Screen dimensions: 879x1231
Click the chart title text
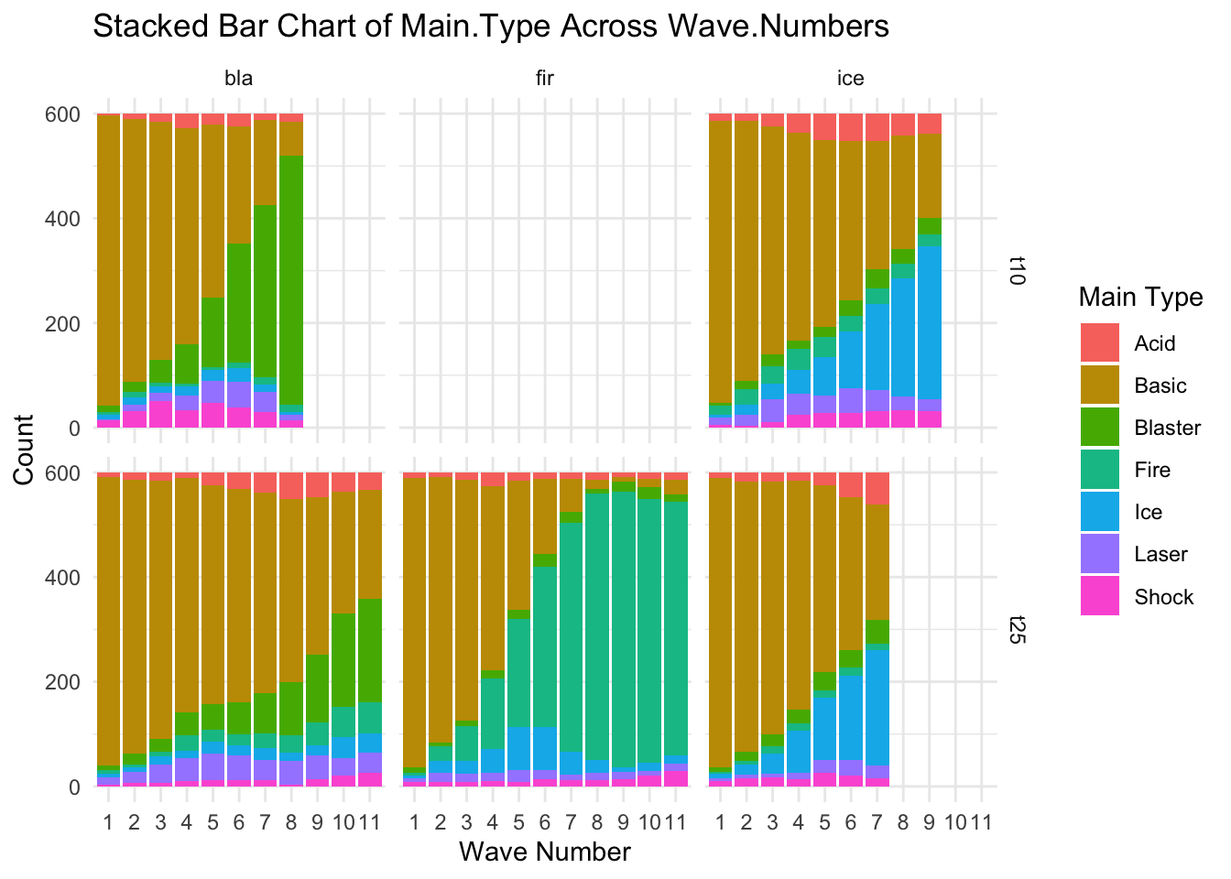point(491,27)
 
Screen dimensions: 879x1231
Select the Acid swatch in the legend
point(1099,343)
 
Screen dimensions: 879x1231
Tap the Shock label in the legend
point(1163,597)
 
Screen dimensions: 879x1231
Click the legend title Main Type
point(1140,297)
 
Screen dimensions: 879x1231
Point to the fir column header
point(545,79)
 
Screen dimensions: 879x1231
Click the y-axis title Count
point(24,449)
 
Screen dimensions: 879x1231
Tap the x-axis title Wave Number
point(545,852)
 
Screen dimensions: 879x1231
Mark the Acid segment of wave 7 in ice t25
point(877,489)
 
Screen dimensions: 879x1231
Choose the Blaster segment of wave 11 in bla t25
point(370,650)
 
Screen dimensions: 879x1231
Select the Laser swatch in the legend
point(1099,555)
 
